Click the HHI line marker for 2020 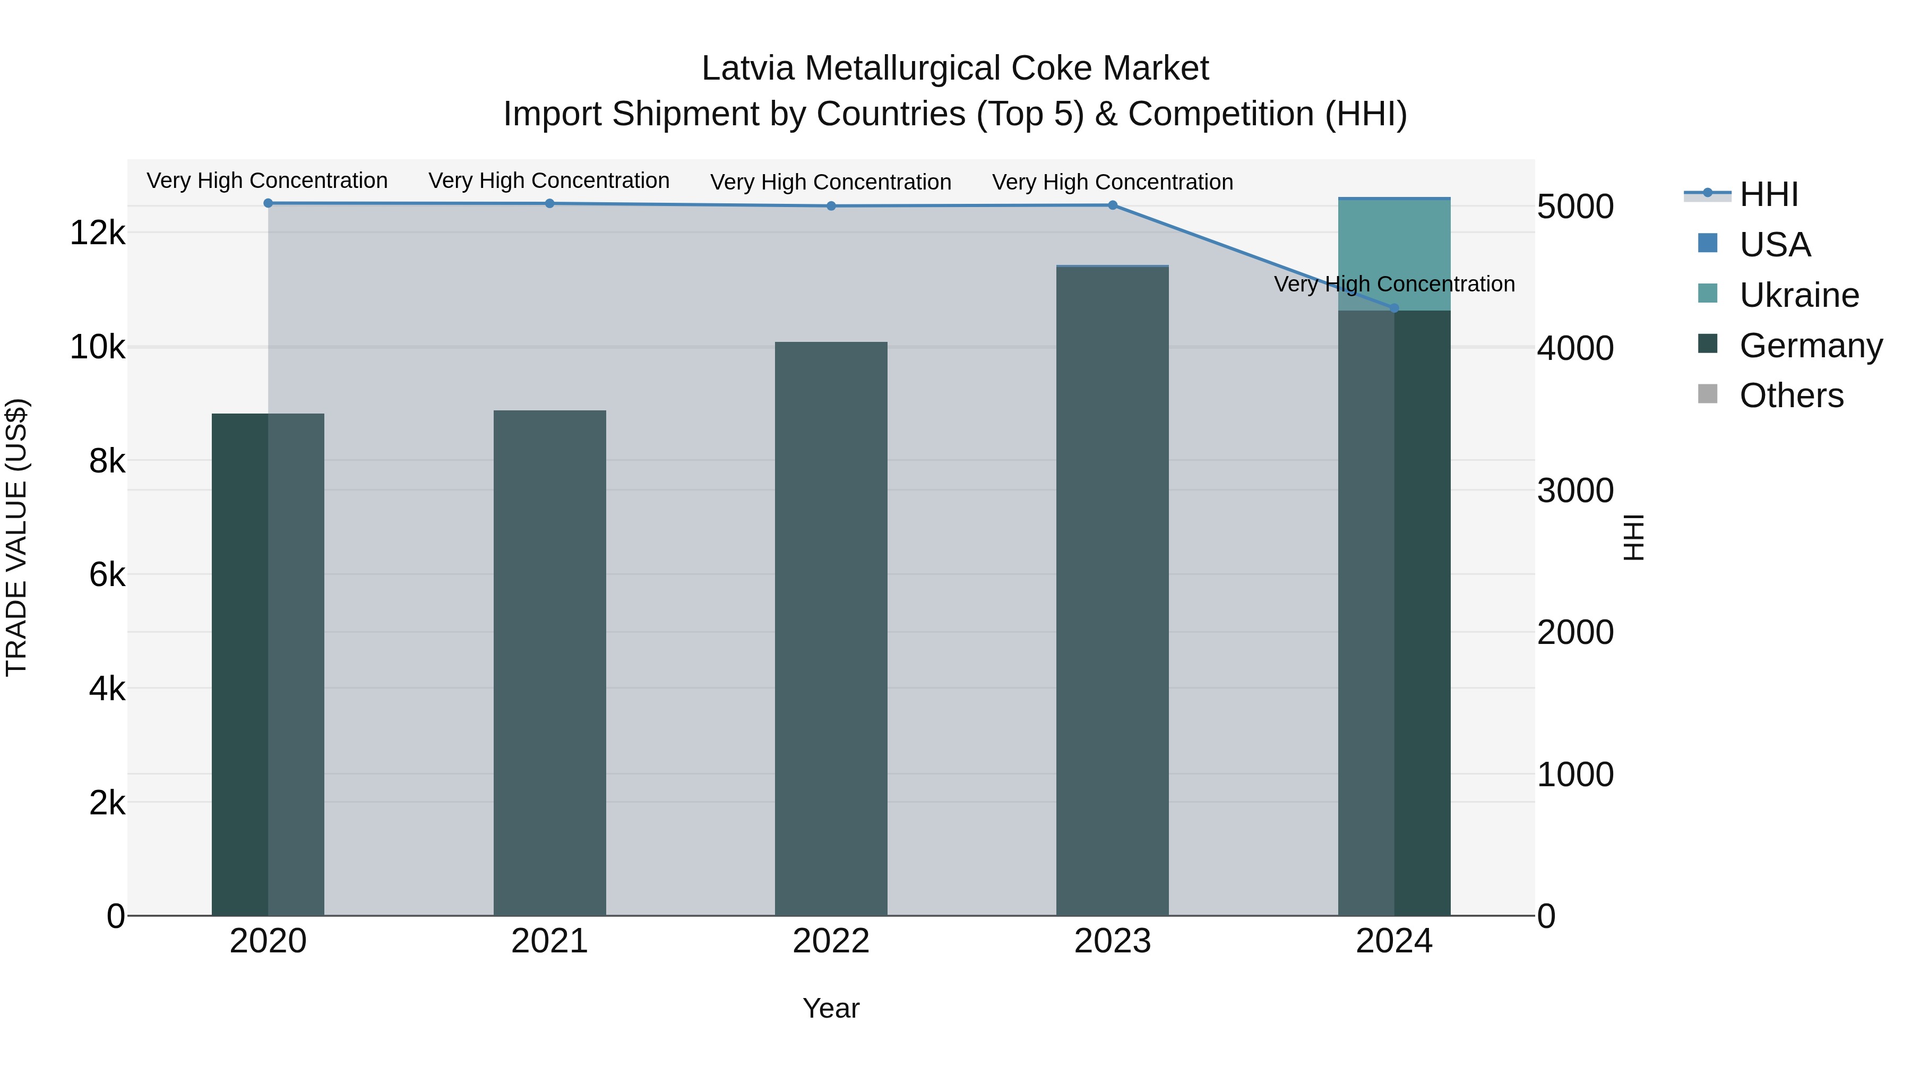[x=268, y=203]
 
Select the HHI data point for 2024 [x=1394, y=308]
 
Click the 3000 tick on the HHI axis [x=1574, y=491]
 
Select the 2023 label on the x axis [x=1112, y=941]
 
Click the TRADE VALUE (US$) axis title [x=17, y=537]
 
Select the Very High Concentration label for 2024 [x=1394, y=284]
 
